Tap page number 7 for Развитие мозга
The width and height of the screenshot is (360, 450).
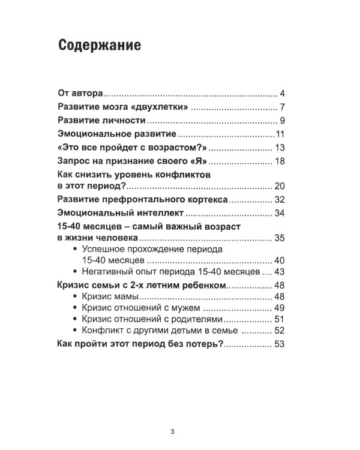point(281,108)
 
